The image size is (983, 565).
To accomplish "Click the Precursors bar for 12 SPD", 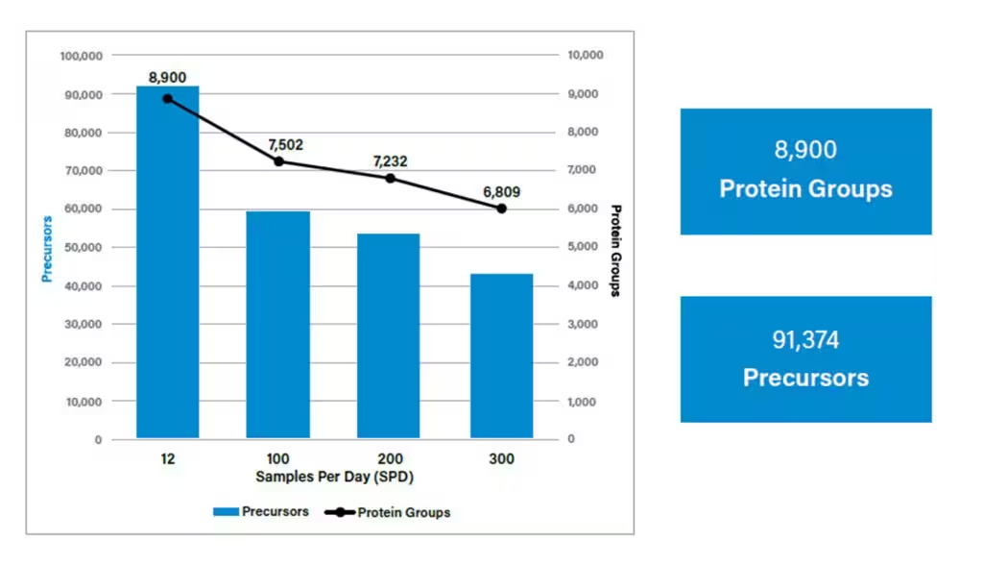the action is [x=167, y=261].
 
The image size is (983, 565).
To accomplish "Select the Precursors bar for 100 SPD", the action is [x=277, y=325].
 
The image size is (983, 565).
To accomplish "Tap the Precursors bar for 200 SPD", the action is [x=388, y=336].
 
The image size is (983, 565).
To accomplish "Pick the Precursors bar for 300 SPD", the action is [x=501, y=356].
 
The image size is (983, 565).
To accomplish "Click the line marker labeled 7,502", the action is [x=279, y=161].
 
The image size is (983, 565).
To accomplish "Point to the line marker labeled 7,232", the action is [x=390, y=179].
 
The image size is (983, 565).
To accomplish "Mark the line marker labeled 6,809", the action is [x=501, y=209].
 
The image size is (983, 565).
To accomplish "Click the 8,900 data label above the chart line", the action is [x=167, y=77].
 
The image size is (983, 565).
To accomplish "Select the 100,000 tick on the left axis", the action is [x=82, y=56].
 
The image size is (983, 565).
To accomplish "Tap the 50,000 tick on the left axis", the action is [x=84, y=247].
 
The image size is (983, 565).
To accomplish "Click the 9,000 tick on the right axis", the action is [x=583, y=93].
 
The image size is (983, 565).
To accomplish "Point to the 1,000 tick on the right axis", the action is [x=582, y=402].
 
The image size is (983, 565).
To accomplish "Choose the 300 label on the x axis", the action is [x=501, y=459].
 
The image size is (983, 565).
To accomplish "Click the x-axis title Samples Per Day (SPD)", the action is [x=335, y=477].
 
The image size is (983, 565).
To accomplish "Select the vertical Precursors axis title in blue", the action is [x=47, y=249].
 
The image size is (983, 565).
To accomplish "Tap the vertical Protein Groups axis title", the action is [x=615, y=251].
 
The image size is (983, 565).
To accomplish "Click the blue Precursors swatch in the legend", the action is [x=226, y=511].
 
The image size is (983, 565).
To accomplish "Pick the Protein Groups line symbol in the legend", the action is [x=340, y=512].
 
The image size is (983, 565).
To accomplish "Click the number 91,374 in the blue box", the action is [x=805, y=339].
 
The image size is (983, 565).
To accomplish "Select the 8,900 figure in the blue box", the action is [x=805, y=149].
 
